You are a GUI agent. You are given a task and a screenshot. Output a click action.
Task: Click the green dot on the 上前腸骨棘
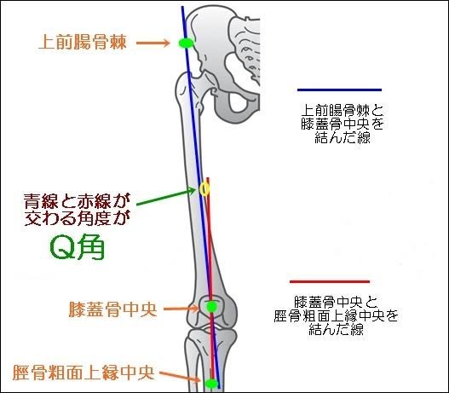(186, 43)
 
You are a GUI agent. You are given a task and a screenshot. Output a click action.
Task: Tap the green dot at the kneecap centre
(211, 307)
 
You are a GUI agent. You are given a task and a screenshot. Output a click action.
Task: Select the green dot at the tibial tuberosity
(212, 384)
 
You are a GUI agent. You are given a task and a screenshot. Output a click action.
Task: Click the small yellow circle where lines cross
(204, 189)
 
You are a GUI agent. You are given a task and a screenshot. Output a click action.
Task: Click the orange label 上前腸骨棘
(83, 42)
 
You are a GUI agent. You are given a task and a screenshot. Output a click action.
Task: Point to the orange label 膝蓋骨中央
(112, 309)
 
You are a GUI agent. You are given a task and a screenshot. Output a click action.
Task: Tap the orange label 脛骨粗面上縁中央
(83, 373)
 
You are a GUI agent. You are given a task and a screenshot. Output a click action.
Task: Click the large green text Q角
(77, 248)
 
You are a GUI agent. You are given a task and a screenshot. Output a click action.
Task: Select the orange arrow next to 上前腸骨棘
(153, 43)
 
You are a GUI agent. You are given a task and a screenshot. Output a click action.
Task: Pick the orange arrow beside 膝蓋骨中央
(181, 309)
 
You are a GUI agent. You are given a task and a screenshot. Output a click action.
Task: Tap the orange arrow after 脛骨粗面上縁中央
(180, 377)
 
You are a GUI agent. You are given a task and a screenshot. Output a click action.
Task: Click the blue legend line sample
(339, 90)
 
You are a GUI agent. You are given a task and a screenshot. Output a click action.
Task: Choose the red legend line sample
(330, 281)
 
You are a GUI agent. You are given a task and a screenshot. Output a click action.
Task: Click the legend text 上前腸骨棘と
(343, 111)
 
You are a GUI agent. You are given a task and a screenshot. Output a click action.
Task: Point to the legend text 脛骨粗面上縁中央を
(337, 316)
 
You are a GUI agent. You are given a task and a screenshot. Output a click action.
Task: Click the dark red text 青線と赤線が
(77, 201)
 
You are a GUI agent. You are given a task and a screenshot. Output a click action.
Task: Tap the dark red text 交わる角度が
(77, 218)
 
